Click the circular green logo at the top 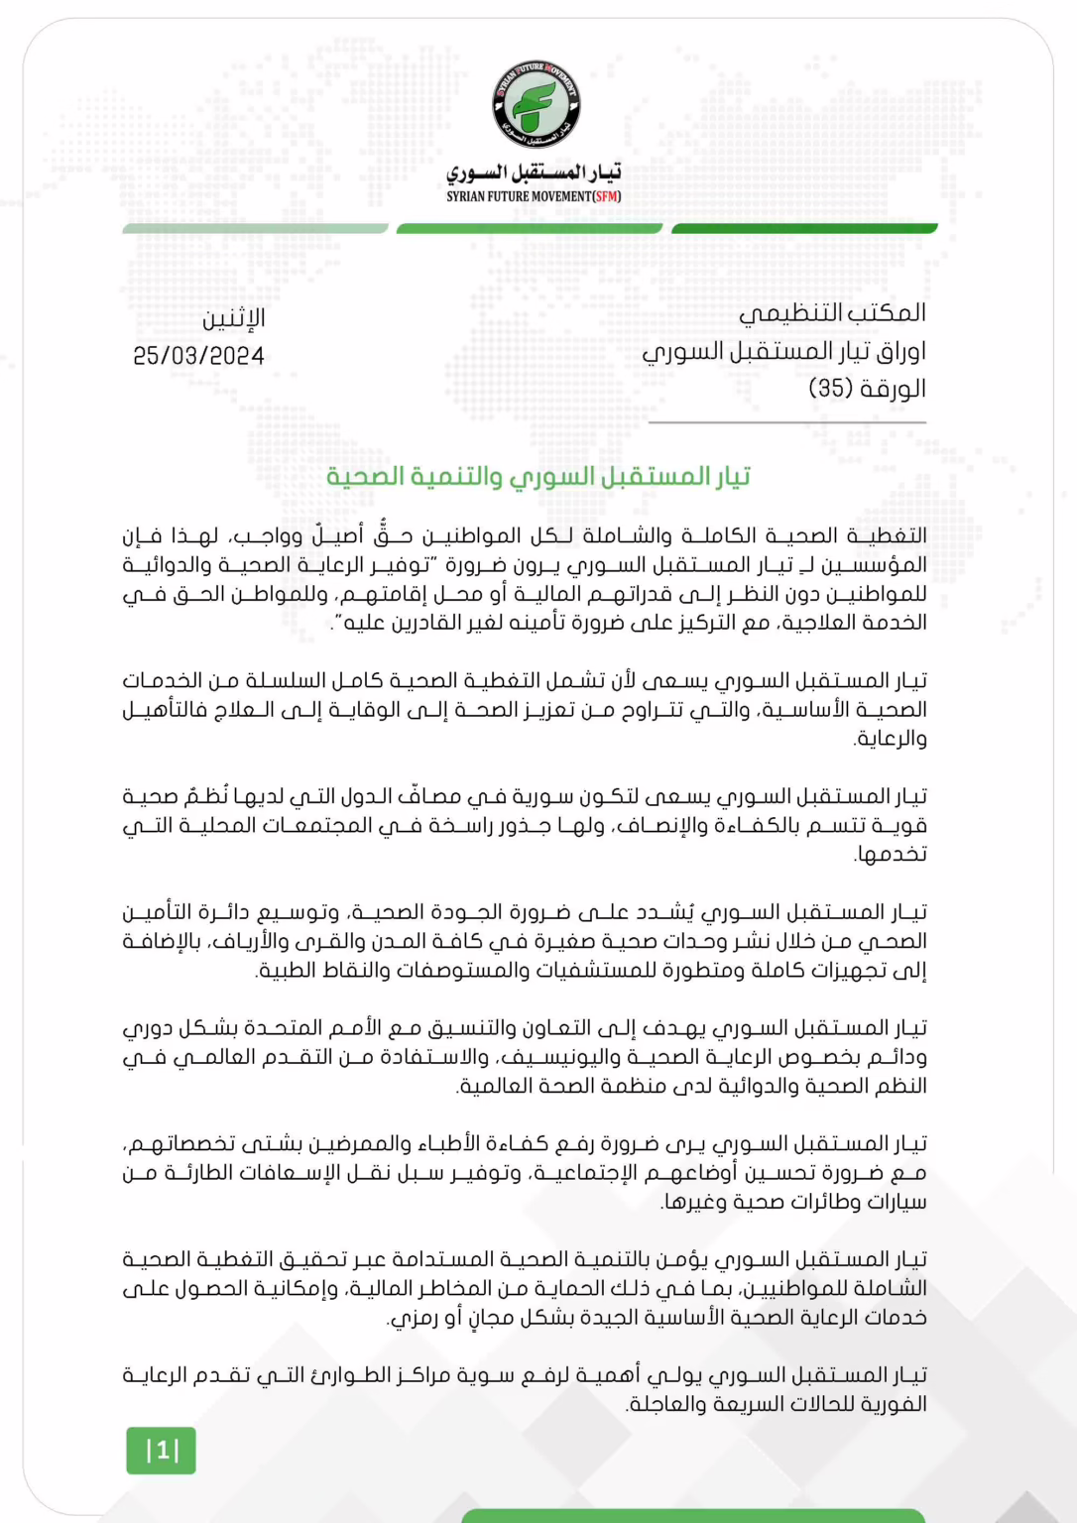[x=537, y=105]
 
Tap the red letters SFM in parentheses [x=606, y=196]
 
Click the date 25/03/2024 [x=198, y=356]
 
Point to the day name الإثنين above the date [x=234, y=318]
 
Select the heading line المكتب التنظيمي [x=832, y=313]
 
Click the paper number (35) [x=831, y=388]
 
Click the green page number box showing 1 [x=161, y=1451]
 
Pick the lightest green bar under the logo [x=255, y=229]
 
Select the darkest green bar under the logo [x=804, y=229]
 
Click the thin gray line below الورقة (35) [x=786, y=422]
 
